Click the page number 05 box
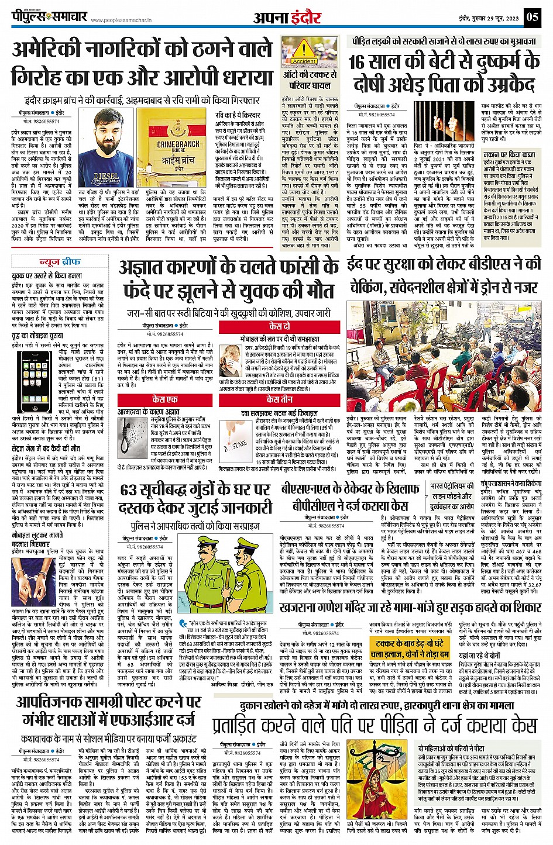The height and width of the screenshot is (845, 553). [532, 16]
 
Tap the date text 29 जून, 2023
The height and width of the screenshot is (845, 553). [503, 18]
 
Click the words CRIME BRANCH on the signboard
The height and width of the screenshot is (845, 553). [178, 144]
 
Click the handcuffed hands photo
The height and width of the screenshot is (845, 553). [29, 585]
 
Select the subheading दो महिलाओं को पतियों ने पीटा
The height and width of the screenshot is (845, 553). [451, 749]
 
